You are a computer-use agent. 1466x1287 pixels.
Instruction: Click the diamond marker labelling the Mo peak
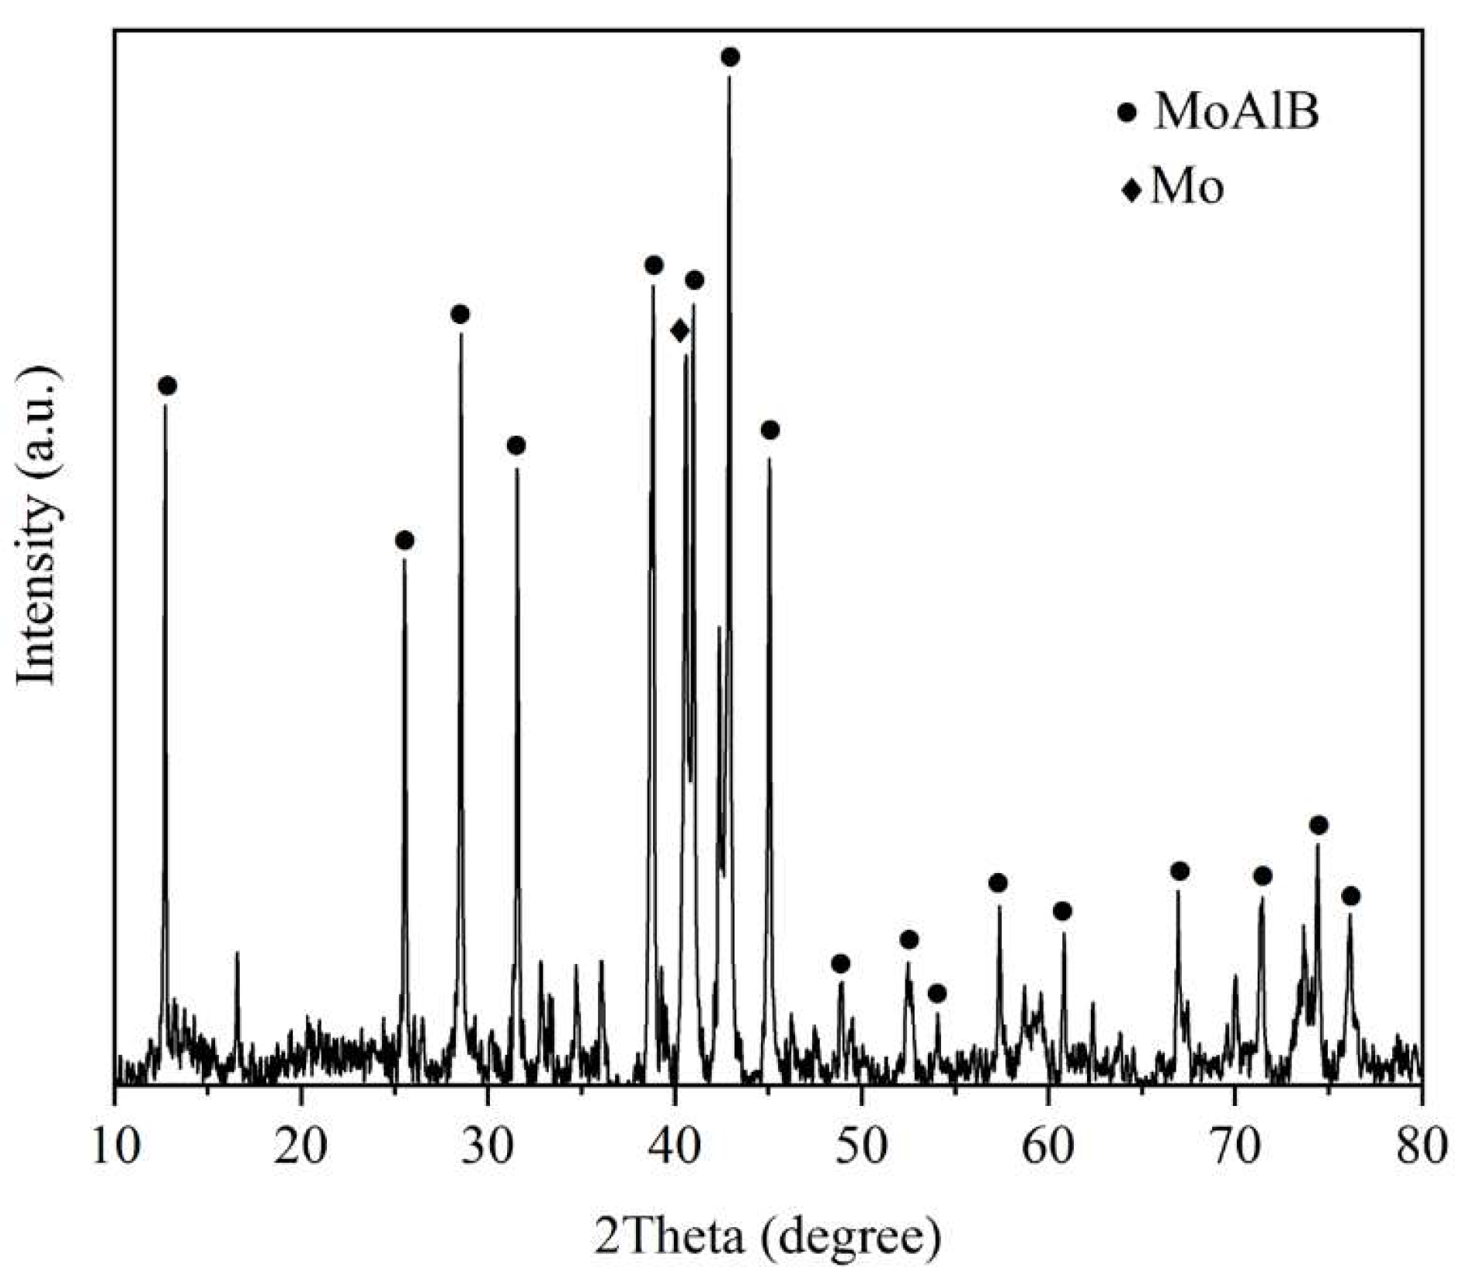click(679, 331)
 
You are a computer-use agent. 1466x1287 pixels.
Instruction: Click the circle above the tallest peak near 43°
click(730, 57)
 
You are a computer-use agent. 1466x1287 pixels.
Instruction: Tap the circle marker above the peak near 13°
click(167, 386)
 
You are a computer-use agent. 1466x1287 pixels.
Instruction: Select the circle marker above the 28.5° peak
click(460, 314)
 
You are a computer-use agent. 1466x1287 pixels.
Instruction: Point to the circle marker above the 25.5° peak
click(404, 541)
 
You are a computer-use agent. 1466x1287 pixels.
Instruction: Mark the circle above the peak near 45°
click(769, 430)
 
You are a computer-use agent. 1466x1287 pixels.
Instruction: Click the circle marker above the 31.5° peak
click(516, 445)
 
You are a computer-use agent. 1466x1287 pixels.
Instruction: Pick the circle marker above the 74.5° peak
click(1318, 825)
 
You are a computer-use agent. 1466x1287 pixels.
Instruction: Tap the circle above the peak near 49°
click(840, 964)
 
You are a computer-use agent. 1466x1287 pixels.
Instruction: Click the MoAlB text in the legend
click(1236, 113)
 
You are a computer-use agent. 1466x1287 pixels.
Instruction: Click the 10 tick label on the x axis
click(115, 1146)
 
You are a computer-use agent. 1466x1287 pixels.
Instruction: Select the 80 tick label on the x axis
click(1421, 1146)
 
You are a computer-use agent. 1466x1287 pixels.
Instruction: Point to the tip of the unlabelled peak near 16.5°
click(237, 952)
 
